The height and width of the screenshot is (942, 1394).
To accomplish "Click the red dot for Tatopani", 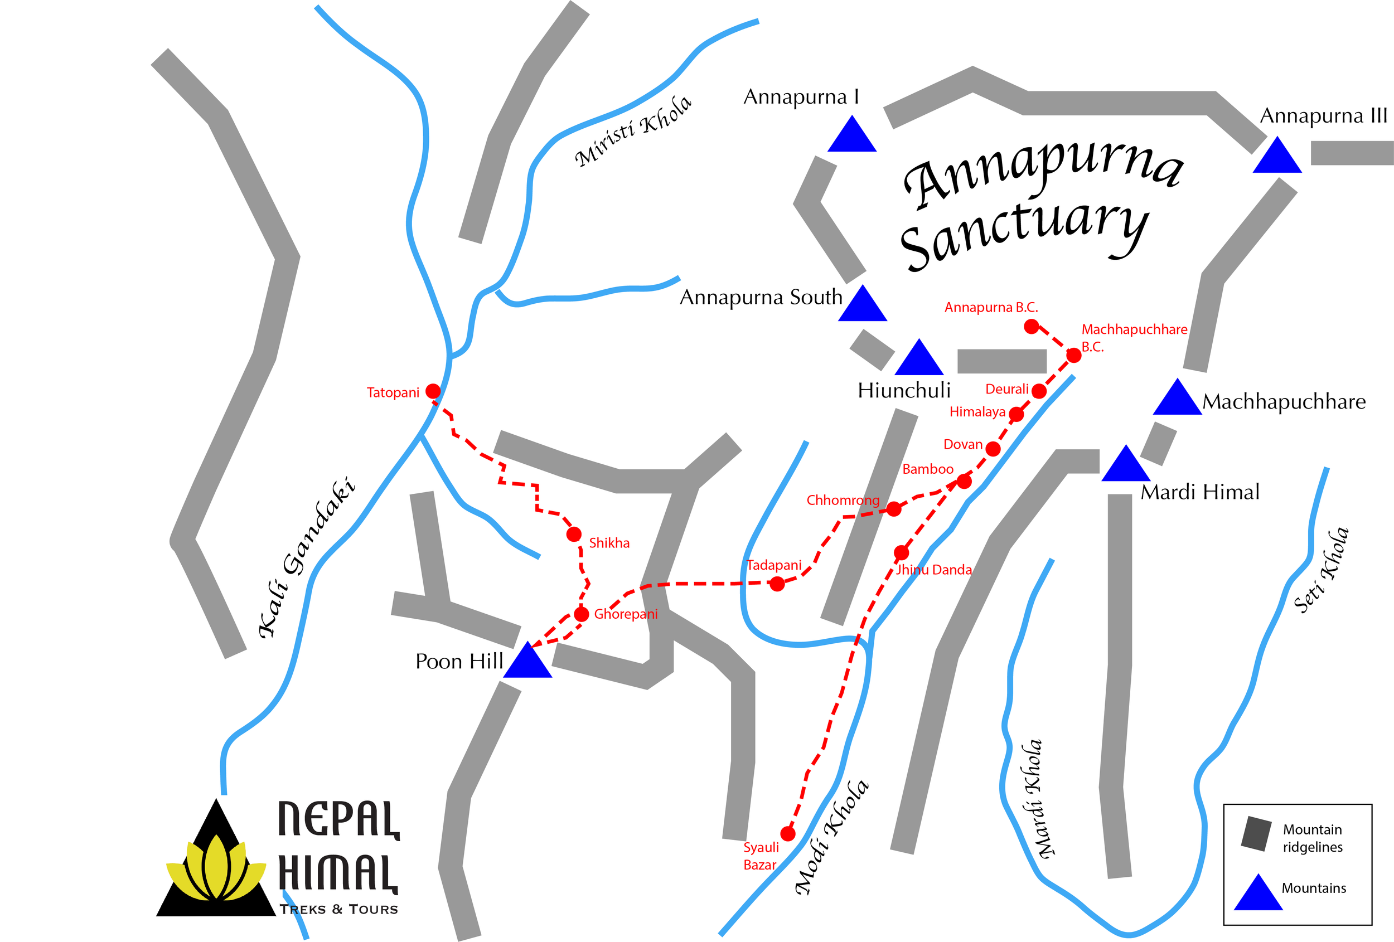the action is click(433, 391).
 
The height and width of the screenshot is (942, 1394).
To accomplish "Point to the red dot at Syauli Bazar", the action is click(787, 833).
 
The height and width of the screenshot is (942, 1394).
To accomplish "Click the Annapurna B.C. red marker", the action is click(1031, 326).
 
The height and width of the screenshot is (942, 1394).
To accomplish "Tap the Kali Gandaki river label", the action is click(306, 557).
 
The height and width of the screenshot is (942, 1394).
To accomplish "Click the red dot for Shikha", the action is click(573, 533).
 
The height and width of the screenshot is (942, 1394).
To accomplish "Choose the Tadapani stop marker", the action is click(777, 584).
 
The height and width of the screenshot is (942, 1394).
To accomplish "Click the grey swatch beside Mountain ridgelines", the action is click(1256, 833).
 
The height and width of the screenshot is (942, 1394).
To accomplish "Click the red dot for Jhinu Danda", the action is click(901, 552).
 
